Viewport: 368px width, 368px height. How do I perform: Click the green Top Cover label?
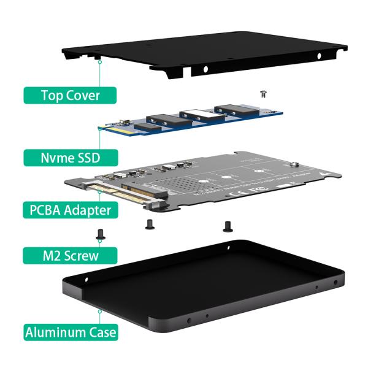point(71,95)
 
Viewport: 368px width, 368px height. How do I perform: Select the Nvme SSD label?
point(71,157)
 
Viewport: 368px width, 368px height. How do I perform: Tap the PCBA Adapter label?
point(71,210)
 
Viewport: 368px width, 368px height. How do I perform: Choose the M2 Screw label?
point(71,254)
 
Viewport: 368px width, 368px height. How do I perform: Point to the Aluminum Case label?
point(71,333)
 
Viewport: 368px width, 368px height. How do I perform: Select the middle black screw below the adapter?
point(148,224)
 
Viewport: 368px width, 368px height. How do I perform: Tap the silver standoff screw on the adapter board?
point(295,164)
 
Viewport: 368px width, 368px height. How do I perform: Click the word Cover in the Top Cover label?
point(91,95)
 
